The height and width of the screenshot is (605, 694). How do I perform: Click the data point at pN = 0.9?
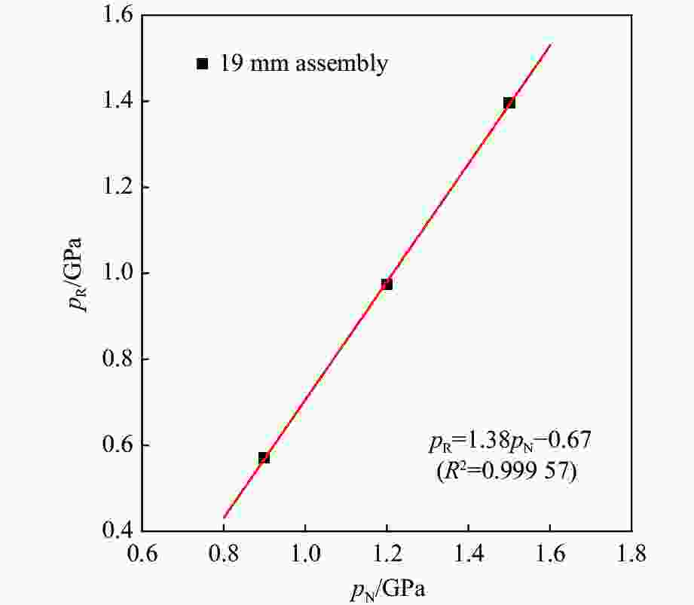pyautogui.click(x=264, y=457)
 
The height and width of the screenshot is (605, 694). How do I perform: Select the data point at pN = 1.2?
pyautogui.click(x=387, y=284)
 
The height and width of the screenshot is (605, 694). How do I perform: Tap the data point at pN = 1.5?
pyautogui.click(x=509, y=102)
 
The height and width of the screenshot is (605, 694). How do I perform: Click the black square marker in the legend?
pyautogui.click(x=202, y=64)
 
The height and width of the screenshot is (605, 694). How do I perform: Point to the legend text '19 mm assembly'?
pyautogui.click(x=304, y=63)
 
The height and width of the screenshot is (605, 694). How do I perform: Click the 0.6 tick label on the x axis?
pyautogui.click(x=142, y=555)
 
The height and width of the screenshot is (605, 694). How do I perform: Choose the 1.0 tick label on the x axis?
pyautogui.click(x=305, y=555)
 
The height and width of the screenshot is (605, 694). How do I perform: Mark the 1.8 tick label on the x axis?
pyautogui.click(x=631, y=555)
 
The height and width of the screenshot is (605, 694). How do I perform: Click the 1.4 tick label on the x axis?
pyautogui.click(x=469, y=555)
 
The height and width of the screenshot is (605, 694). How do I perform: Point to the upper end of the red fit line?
pyautogui.click(x=551, y=44)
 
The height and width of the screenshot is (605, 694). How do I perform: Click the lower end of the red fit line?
pyautogui.click(x=224, y=518)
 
